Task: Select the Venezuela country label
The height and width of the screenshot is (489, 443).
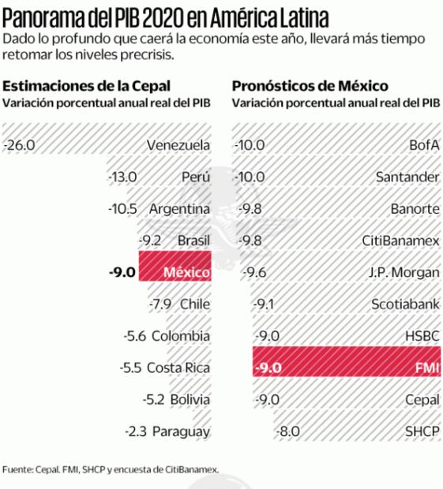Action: [x=178, y=145]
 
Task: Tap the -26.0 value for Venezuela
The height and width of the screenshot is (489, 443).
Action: [x=20, y=145]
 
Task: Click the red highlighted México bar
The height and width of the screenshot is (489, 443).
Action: [x=175, y=272]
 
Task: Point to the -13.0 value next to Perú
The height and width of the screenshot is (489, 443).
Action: [x=122, y=177]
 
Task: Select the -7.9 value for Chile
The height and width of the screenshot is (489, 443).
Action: [x=161, y=304]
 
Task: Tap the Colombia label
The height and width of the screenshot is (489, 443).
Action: [x=180, y=335]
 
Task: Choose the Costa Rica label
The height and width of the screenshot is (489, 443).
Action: [x=179, y=368]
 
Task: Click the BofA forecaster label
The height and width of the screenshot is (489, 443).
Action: [x=424, y=145]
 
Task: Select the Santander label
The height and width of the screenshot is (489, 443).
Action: [x=407, y=177]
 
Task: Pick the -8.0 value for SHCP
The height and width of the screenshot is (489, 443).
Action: [x=289, y=431]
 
